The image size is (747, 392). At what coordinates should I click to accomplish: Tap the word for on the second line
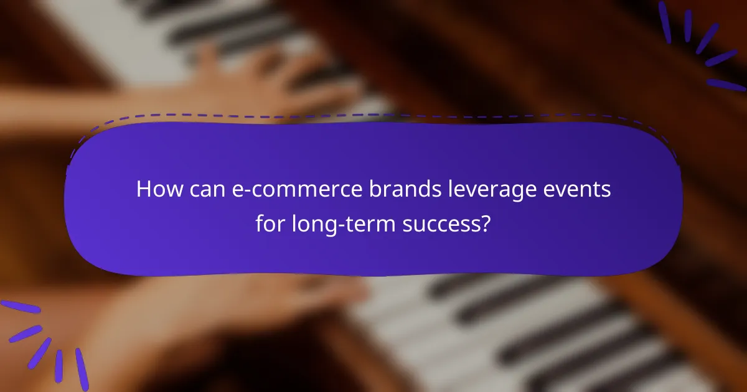[x=270, y=222]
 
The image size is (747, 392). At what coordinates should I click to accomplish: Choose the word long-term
[x=339, y=222]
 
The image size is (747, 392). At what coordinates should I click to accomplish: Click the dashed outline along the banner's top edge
[x=374, y=116]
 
